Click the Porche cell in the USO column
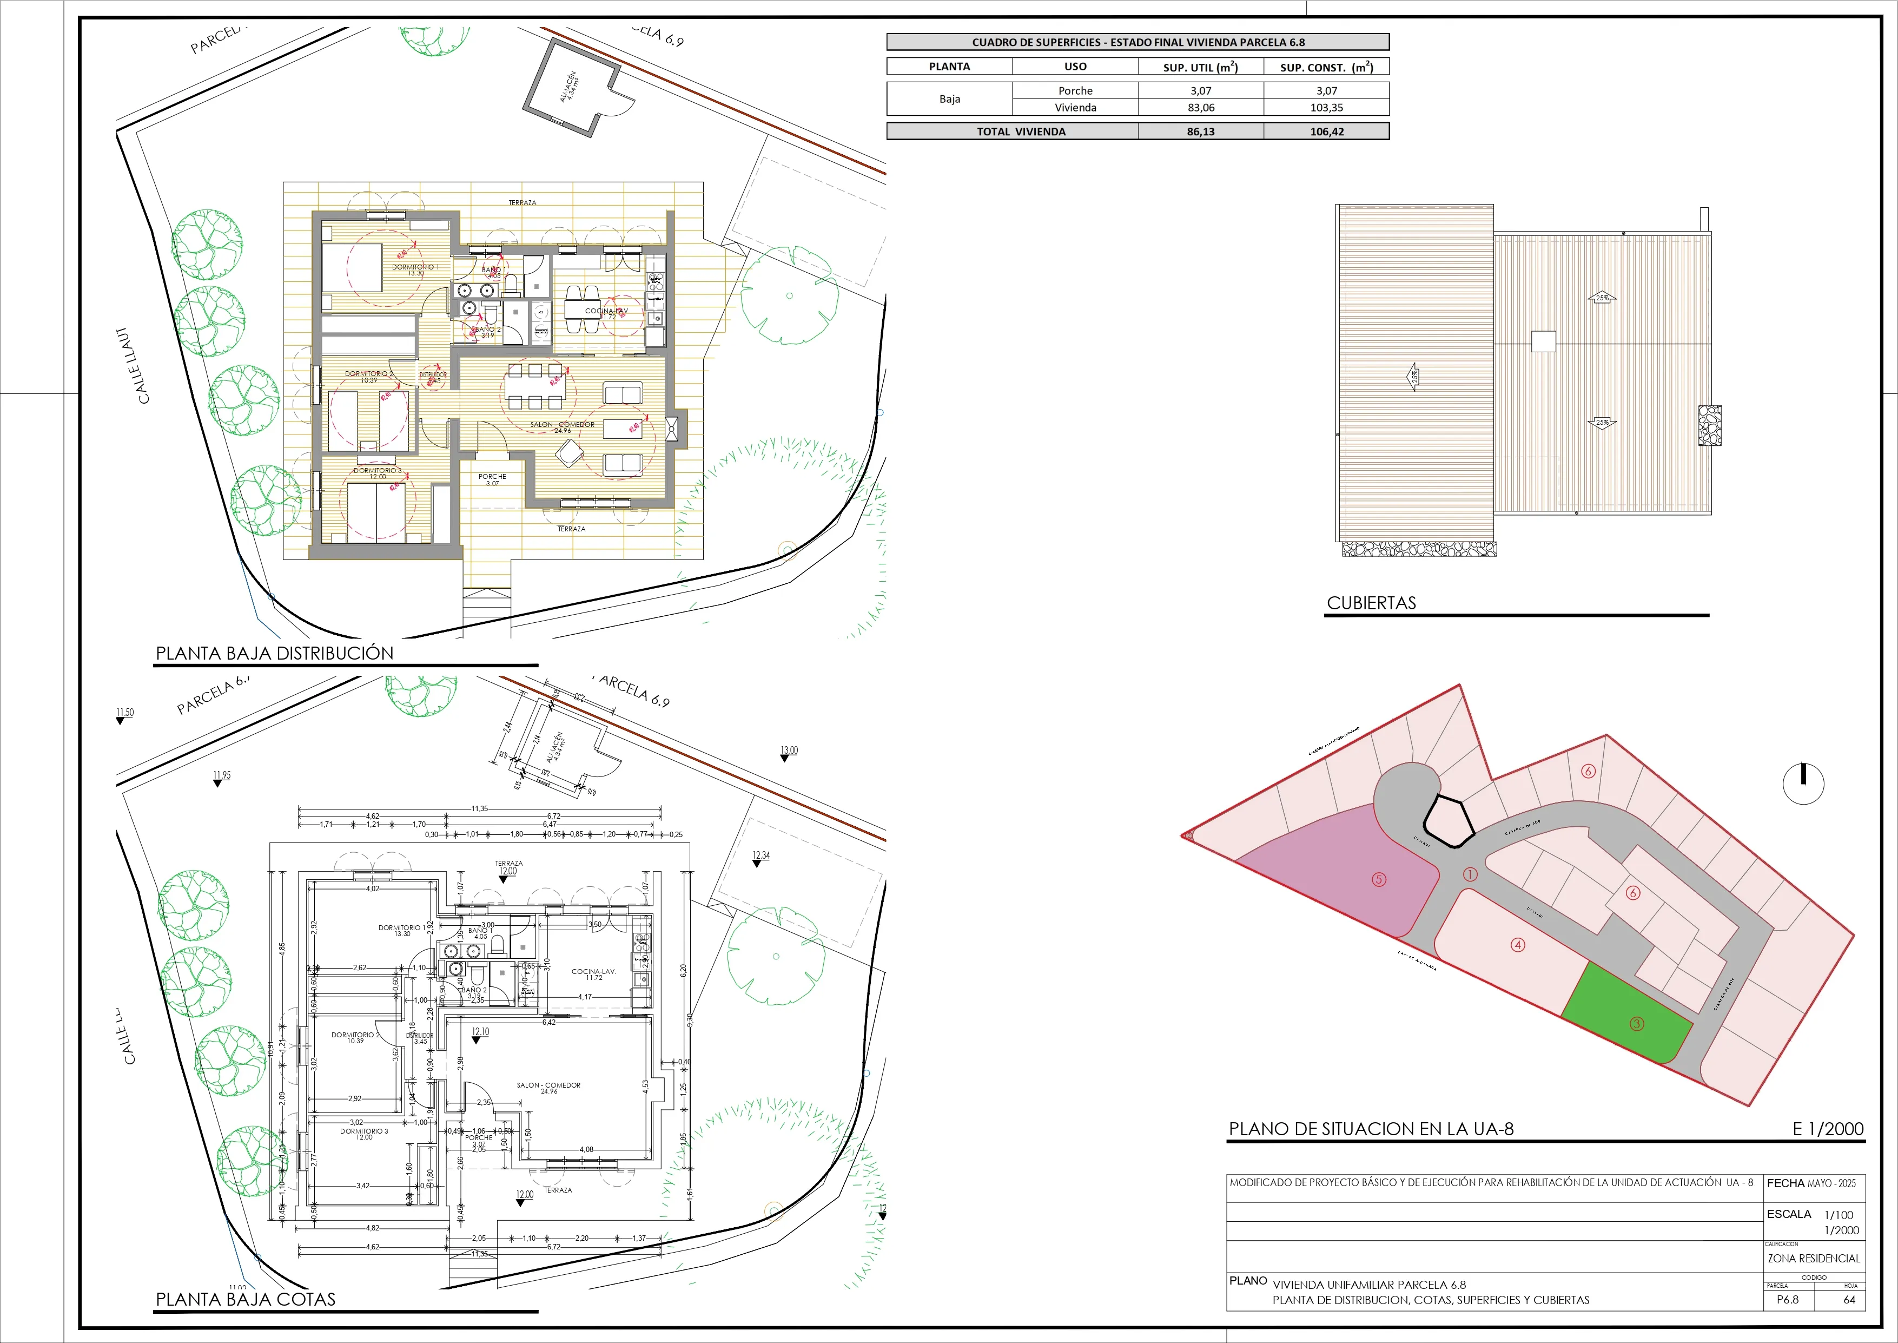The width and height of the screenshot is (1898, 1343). pos(1075,91)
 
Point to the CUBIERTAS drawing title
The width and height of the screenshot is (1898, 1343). pos(1371,603)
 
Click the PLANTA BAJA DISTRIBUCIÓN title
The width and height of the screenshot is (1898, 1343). pos(274,653)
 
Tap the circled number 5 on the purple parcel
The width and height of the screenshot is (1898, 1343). pos(1379,880)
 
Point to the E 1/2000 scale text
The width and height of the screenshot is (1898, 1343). pos(1828,1129)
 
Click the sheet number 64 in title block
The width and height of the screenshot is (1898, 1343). pos(1849,1299)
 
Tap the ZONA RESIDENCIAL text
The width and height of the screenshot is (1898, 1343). pos(1813,1259)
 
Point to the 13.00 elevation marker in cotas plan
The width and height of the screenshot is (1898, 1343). pos(789,751)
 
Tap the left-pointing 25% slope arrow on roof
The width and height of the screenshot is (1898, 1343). pos(1412,377)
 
